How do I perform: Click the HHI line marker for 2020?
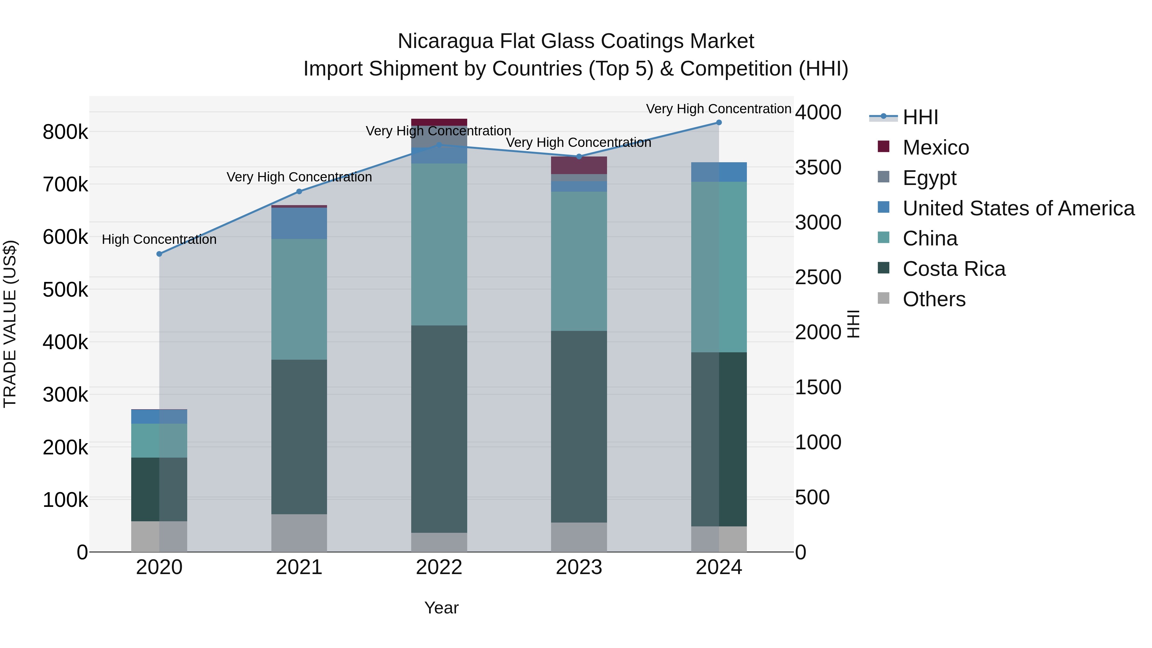(x=159, y=254)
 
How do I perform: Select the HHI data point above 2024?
(x=719, y=123)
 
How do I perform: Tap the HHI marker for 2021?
(x=299, y=191)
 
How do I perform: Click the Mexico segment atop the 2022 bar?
(x=439, y=122)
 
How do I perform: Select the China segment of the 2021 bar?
(x=299, y=299)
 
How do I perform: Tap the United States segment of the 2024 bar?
(x=719, y=172)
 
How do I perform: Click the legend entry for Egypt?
(x=929, y=178)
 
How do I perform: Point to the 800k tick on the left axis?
(x=65, y=132)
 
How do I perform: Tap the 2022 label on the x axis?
(x=439, y=567)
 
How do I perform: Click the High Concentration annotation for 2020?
(x=159, y=240)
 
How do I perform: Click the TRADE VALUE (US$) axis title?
(x=10, y=324)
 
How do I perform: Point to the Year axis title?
(x=441, y=608)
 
